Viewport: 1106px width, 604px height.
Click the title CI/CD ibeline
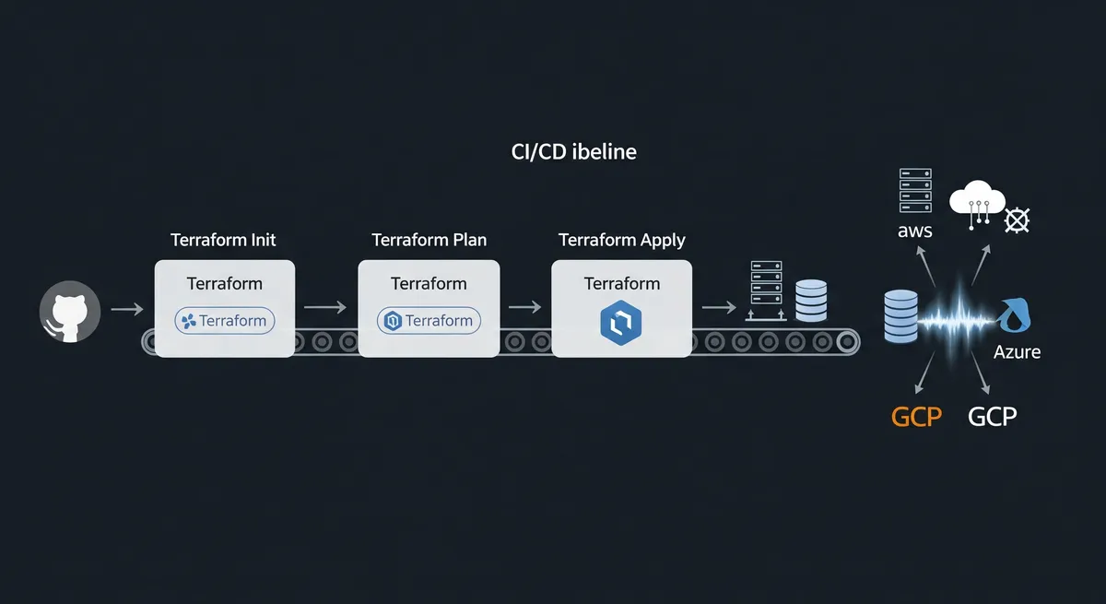pyautogui.click(x=573, y=152)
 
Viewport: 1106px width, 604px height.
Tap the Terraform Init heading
pyautogui.click(x=223, y=240)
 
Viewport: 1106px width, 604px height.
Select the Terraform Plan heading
pyautogui.click(x=429, y=240)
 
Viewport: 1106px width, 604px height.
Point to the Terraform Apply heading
pyautogui.click(x=622, y=240)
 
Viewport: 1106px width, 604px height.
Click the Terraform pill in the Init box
pyautogui.click(x=224, y=321)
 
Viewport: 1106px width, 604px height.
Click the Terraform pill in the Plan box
pyautogui.click(x=429, y=321)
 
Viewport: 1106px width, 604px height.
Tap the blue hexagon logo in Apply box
pyautogui.click(x=621, y=322)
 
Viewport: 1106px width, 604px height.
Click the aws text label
pyautogui.click(x=914, y=231)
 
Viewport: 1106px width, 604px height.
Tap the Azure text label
pyautogui.click(x=1018, y=352)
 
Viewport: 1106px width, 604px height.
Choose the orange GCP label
pyautogui.click(x=916, y=416)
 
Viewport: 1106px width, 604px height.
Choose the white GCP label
pyautogui.click(x=993, y=416)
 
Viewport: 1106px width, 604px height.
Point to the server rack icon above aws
pyautogui.click(x=915, y=191)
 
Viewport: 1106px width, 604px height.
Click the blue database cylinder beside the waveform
pyautogui.click(x=900, y=316)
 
